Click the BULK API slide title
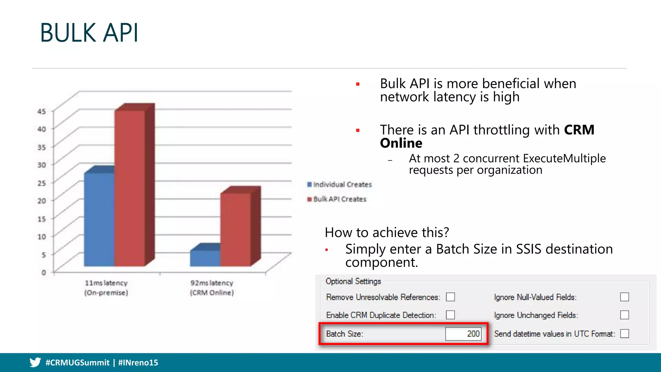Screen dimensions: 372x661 click(x=89, y=33)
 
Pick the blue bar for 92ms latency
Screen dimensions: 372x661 click(x=205, y=258)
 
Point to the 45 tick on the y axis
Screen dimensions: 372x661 click(x=42, y=111)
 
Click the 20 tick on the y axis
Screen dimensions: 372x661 click(x=42, y=201)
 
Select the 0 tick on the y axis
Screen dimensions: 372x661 click(x=44, y=273)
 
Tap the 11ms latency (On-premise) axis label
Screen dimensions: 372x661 click(x=106, y=288)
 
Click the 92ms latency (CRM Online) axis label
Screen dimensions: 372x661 click(x=212, y=288)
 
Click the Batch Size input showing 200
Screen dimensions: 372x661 click(x=463, y=334)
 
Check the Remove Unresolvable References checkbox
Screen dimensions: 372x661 click(x=451, y=297)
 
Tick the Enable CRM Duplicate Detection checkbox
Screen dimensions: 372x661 click(x=451, y=315)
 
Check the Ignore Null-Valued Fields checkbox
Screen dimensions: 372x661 click(x=625, y=297)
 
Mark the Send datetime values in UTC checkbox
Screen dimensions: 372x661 click(x=625, y=334)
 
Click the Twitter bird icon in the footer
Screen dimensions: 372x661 click(x=35, y=362)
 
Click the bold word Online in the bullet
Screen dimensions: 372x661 click(x=401, y=143)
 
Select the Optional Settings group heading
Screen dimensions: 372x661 click(x=353, y=281)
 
